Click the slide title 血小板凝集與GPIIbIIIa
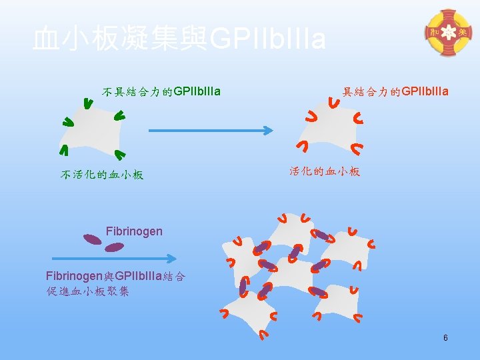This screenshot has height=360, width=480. [179, 40]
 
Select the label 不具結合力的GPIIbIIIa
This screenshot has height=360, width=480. [161, 91]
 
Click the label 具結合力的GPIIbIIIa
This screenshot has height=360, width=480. [395, 91]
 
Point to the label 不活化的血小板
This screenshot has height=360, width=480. [102, 175]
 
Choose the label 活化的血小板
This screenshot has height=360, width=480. [325, 171]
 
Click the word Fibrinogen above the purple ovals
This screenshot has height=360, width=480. [134, 231]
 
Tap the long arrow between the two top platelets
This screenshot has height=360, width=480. [211, 131]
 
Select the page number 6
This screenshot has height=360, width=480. [445, 339]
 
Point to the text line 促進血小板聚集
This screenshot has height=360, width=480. [88, 291]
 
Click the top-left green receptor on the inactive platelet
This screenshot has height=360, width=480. [87, 103]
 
